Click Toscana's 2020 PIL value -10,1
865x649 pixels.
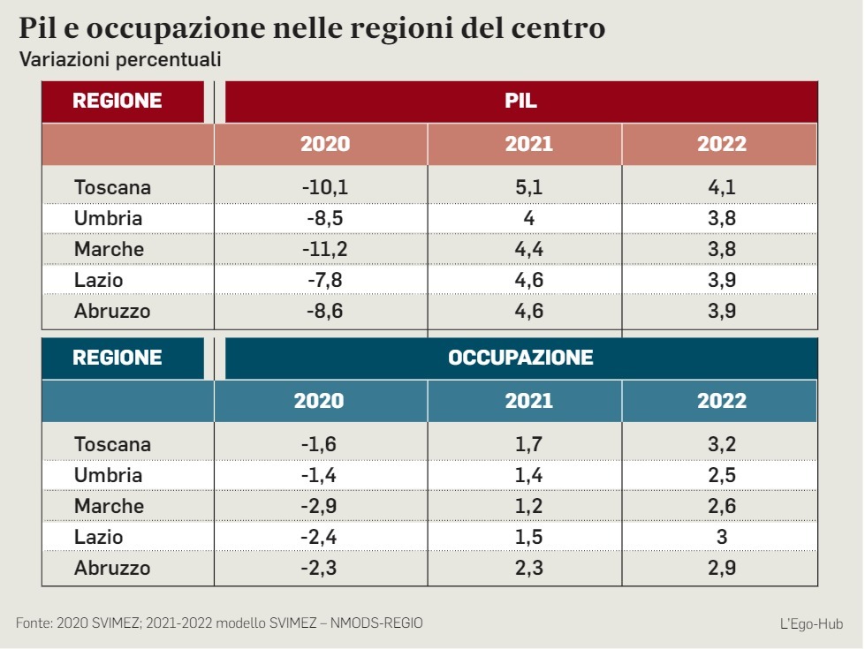[324, 187]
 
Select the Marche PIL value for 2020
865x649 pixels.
[324, 249]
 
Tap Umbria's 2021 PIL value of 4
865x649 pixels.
[528, 218]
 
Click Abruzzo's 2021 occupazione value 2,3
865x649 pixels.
[528, 568]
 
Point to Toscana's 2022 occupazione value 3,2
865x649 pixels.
[722, 444]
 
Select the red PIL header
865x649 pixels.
[520, 101]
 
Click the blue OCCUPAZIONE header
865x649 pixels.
[520, 358]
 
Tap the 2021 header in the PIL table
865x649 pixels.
[528, 144]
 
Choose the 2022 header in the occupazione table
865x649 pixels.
[722, 401]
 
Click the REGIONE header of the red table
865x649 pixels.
[118, 101]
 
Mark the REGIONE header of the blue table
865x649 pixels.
[118, 358]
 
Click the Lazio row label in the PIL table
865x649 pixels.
[99, 280]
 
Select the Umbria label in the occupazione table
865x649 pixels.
[108, 475]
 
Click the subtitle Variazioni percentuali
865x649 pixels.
[119, 60]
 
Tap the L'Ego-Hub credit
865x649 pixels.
[811, 624]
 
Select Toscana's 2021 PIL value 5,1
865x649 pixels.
[528, 187]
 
